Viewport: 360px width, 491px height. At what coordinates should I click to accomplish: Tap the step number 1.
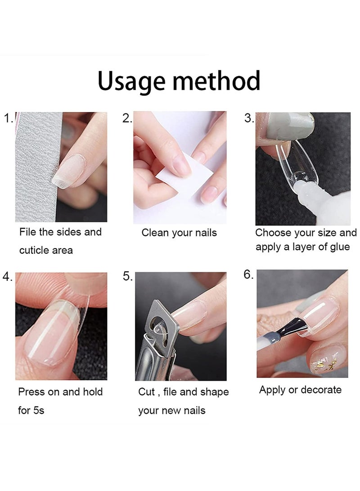8,119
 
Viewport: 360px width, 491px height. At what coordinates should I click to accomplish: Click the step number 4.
8,277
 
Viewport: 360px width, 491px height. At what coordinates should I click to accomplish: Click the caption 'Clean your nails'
179,233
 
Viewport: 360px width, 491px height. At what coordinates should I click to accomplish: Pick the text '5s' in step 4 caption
38,410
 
